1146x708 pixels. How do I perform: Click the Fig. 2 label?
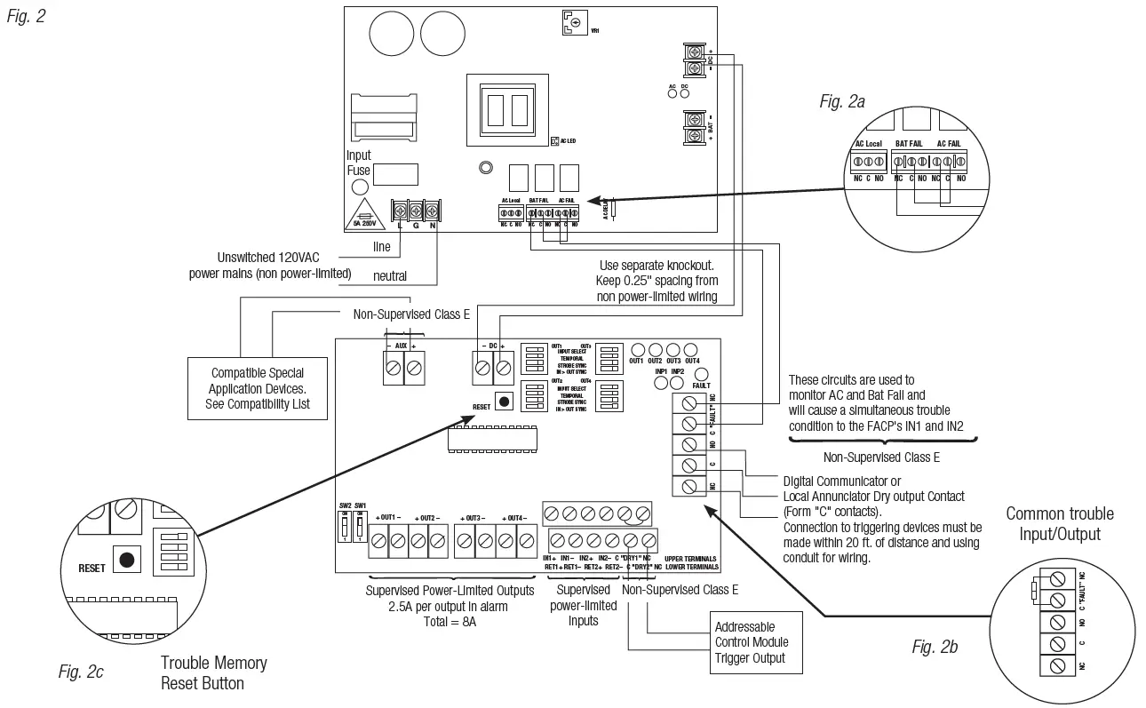point(26,16)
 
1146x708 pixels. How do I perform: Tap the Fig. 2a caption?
point(841,102)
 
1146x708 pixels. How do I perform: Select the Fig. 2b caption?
point(935,647)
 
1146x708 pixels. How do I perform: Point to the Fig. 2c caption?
point(81,672)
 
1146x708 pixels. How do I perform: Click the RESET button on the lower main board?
point(505,402)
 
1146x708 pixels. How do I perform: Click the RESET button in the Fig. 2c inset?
point(128,560)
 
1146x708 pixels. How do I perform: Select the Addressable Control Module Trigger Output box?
point(751,642)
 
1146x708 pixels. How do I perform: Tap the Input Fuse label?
point(358,163)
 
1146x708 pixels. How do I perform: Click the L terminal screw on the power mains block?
point(400,211)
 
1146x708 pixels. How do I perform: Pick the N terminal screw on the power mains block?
point(432,211)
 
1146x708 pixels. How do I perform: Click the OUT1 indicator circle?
point(636,349)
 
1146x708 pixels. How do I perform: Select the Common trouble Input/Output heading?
point(1059,524)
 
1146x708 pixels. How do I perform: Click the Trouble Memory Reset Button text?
point(213,672)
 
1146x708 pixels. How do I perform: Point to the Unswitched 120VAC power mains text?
point(270,265)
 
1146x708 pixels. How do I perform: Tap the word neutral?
point(389,276)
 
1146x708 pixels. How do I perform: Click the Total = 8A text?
point(450,622)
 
